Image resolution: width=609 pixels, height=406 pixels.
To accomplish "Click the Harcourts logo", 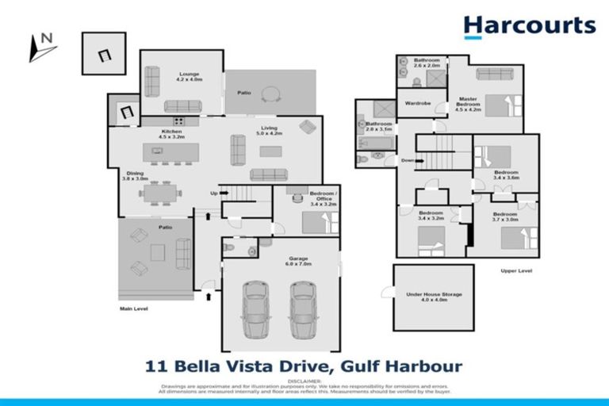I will click(529, 25).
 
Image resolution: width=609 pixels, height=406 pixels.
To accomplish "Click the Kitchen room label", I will click(172, 134).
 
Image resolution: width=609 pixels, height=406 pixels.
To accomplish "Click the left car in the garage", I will click(258, 310).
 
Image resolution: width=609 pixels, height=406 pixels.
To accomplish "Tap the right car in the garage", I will click(304, 310).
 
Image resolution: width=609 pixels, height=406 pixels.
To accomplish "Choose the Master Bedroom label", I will click(468, 102).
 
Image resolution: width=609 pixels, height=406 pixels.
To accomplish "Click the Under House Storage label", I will click(433, 297).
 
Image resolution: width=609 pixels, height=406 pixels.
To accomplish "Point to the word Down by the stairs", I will click(408, 160).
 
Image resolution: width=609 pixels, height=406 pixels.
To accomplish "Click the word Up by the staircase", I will click(213, 193).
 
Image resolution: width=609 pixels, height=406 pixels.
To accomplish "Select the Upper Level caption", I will click(515, 270).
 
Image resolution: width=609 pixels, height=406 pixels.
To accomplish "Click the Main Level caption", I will click(136, 308).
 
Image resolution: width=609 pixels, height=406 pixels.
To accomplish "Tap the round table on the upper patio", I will click(271, 94).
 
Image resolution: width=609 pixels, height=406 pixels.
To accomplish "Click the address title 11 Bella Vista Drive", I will click(304, 366).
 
